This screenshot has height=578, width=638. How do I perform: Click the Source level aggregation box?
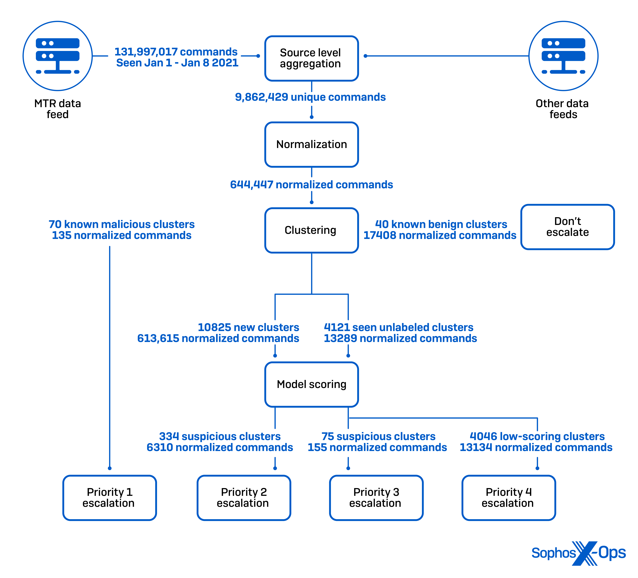point(311,58)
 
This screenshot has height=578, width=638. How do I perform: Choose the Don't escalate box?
point(567,227)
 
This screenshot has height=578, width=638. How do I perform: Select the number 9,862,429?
point(261,97)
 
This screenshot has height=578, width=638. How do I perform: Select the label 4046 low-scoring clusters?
point(537,436)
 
